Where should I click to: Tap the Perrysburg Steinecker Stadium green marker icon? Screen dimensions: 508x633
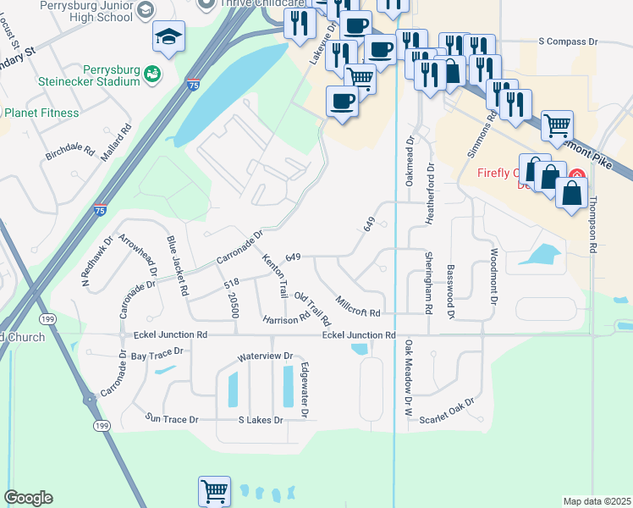[x=152, y=75]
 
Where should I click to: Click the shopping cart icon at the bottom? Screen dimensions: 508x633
[x=215, y=490]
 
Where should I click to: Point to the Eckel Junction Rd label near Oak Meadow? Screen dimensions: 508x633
[x=359, y=335]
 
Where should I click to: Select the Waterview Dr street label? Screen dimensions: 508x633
[x=265, y=356]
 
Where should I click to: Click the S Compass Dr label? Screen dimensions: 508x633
[x=569, y=41]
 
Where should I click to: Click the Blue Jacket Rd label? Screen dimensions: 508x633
[x=177, y=265]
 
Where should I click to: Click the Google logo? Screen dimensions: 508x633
[x=28, y=498]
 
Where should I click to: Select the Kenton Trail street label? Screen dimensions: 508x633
[x=276, y=275]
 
